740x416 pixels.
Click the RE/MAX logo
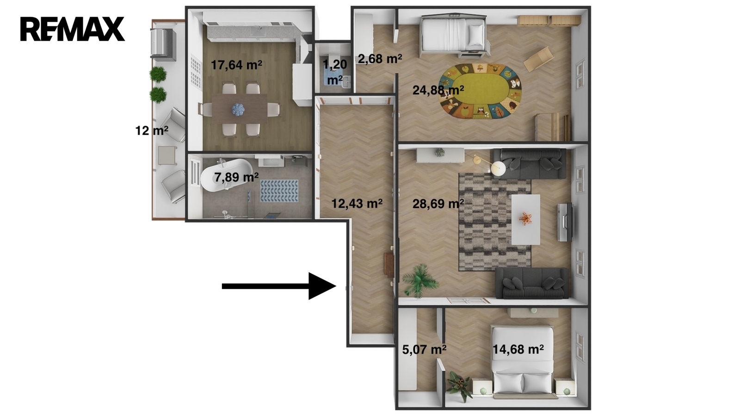pyautogui.click(x=72, y=29)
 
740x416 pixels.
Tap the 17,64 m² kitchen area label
pyautogui.click(x=236, y=65)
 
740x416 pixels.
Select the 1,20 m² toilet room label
pyautogui.click(x=335, y=72)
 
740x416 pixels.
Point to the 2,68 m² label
pyautogui.click(x=380, y=59)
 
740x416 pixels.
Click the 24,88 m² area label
pyautogui.click(x=438, y=90)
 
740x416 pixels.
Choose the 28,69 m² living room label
pyautogui.click(x=438, y=204)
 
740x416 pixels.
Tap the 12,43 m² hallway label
pyautogui.click(x=357, y=203)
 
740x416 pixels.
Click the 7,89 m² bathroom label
pyautogui.click(x=236, y=177)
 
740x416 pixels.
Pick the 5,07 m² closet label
pyautogui.click(x=424, y=349)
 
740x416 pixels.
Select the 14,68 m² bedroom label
pyautogui.click(x=518, y=349)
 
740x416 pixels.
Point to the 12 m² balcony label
pyautogui.click(x=152, y=131)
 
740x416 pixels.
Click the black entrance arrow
pyautogui.click(x=279, y=286)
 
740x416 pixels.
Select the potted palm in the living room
pyautogui.click(x=419, y=281)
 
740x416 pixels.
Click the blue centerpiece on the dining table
pyautogui.click(x=238, y=109)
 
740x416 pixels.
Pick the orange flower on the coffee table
pyautogui.click(x=525, y=218)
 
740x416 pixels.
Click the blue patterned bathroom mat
pyautogui.click(x=279, y=191)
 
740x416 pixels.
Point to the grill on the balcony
pyautogui.click(x=162, y=44)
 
